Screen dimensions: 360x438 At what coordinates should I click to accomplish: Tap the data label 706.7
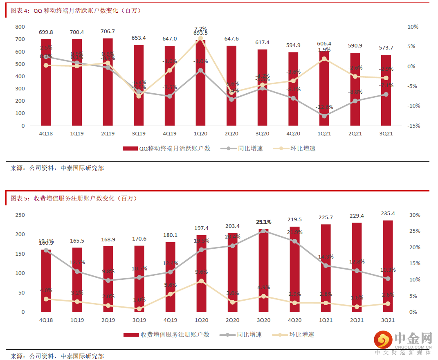click(x=108, y=32)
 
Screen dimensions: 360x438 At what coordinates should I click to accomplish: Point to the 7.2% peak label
click(x=200, y=28)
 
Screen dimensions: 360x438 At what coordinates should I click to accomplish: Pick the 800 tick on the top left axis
click(x=20, y=27)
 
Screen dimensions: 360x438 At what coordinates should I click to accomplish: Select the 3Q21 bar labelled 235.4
click(x=388, y=266)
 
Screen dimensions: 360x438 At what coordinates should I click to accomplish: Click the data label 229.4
click(x=357, y=216)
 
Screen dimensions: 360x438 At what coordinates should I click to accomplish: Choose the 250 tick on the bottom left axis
click(x=20, y=215)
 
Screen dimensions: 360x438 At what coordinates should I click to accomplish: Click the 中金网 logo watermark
click(x=403, y=342)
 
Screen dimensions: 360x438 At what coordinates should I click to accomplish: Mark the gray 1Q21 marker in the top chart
click(x=324, y=116)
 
